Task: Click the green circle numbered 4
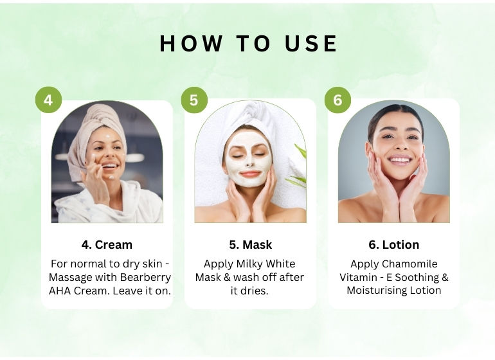point(48,100)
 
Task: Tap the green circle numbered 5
point(194,100)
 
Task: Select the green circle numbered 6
point(337,100)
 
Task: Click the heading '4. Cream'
point(107,245)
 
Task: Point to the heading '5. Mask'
point(250,245)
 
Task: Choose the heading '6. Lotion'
point(394,245)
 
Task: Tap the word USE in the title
point(311,43)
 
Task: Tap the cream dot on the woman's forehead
point(108,137)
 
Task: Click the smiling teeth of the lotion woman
point(400,160)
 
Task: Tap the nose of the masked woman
point(249,162)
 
